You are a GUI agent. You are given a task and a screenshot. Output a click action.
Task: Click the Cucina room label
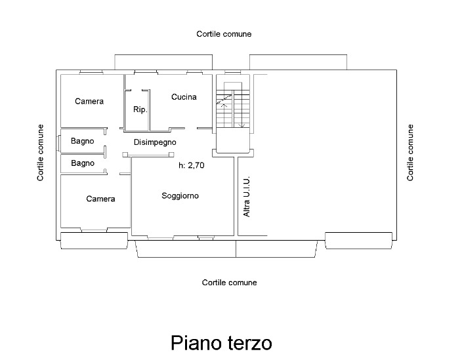[x=184, y=98]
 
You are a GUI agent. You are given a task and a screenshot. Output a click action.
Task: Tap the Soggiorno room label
[x=180, y=196]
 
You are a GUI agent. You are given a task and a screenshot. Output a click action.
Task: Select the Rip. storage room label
[x=140, y=110]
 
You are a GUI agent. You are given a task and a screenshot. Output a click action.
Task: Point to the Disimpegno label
[x=155, y=142]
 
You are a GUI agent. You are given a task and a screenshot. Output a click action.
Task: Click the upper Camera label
[x=89, y=102]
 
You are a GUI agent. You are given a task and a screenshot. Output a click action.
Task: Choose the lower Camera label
[x=100, y=199]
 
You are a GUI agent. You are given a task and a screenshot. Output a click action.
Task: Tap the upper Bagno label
[x=83, y=141]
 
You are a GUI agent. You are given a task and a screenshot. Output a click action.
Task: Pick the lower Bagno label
[x=83, y=163]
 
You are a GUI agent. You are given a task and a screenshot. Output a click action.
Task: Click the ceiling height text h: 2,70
[x=192, y=166]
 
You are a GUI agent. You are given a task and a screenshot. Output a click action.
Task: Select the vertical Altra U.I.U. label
[x=247, y=197]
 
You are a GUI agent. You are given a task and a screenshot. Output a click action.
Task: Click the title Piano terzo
[x=221, y=343]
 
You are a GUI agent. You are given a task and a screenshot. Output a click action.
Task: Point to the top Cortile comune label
[x=224, y=34]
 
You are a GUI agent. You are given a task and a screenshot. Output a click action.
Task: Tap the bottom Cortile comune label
[x=229, y=283]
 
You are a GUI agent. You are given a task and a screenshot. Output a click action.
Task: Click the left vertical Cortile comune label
[x=41, y=153]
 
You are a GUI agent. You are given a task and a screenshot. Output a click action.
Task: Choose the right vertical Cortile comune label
[x=411, y=153]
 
